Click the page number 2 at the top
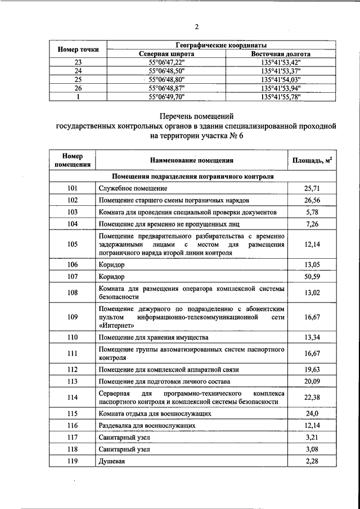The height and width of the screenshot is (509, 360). (x=197, y=26)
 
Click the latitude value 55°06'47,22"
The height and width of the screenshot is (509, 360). (x=166, y=62)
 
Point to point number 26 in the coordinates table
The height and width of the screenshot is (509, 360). (x=78, y=88)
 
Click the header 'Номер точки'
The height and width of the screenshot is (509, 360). (x=78, y=49)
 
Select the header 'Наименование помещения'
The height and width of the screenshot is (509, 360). (x=192, y=160)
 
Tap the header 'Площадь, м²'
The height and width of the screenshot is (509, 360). (x=312, y=160)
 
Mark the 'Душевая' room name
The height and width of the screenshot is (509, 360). (x=111, y=462)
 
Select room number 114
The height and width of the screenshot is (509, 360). (x=73, y=398)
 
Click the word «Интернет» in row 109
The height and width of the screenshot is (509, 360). (x=117, y=326)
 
